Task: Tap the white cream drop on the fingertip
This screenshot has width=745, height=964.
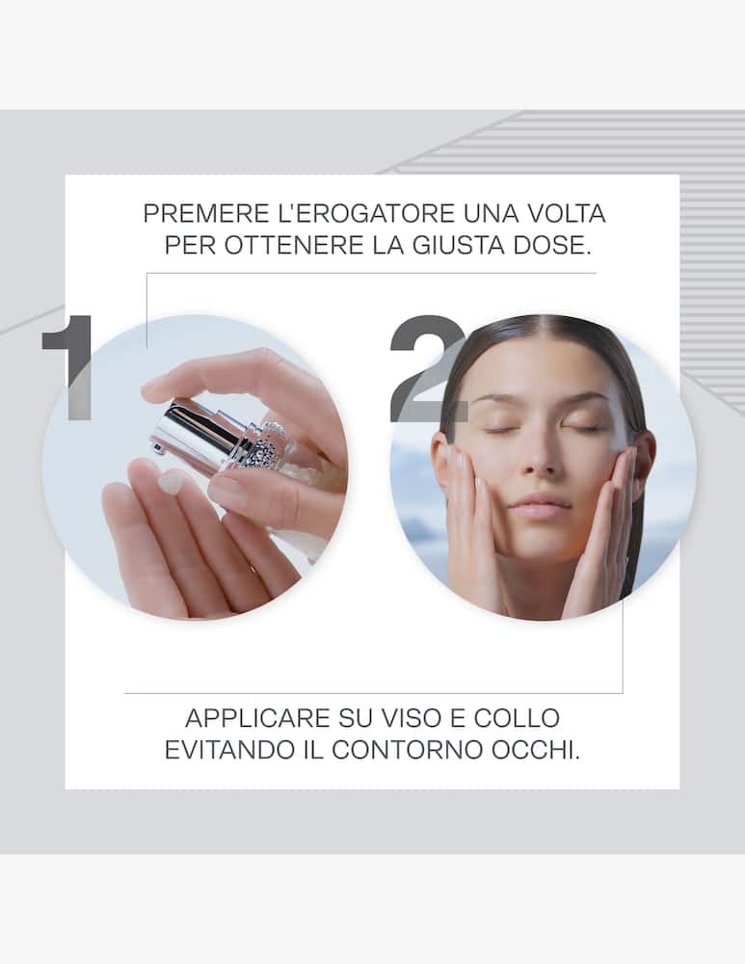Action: pyautogui.click(x=171, y=481)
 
